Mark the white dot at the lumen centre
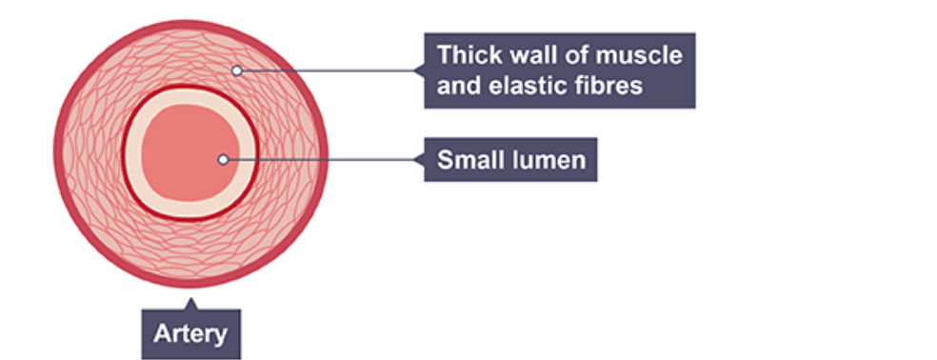pyautogui.click(x=223, y=160)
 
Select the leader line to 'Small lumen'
pyautogui.click(x=324, y=160)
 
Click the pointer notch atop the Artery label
pyautogui.click(x=190, y=306)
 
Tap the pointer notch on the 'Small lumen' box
pyautogui.click(x=419, y=160)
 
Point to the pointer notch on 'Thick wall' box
pyautogui.click(x=419, y=70)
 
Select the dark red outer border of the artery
pyautogui.click(x=59, y=152)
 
